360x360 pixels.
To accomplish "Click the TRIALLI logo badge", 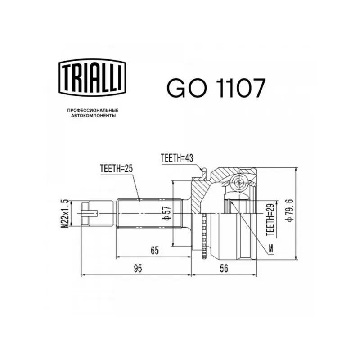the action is point(92,77).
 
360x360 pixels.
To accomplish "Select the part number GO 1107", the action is point(216,88).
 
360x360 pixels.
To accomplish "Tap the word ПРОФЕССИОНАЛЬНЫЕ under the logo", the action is point(93,110).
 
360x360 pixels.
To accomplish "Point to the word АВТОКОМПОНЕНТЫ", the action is point(93,116).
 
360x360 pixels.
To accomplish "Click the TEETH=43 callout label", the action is point(177,158).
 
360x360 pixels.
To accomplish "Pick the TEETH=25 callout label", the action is point(117,169).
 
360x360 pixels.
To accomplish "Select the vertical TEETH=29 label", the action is point(270,220).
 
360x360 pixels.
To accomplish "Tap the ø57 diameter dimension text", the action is point(167,213).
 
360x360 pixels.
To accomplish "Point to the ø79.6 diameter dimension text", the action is point(289,211).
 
